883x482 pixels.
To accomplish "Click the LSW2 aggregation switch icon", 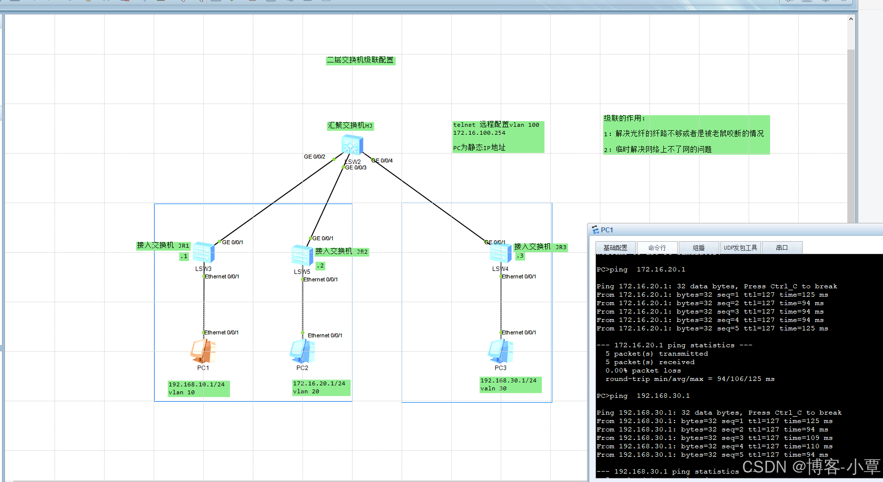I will click(352, 145).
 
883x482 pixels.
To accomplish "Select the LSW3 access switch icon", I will click(203, 253).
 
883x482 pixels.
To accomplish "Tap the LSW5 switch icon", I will click(302, 256).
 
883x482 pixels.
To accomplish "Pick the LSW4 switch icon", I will click(500, 253).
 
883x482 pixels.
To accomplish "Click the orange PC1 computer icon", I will click(203, 351).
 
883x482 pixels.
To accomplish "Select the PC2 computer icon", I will click(302, 351).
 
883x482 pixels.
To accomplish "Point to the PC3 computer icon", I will click(500, 351).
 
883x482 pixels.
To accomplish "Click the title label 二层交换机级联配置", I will click(360, 60).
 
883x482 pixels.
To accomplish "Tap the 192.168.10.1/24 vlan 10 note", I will click(198, 388).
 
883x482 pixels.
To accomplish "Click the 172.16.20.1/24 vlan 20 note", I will click(321, 387).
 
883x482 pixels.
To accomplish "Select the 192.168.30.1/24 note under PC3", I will click(510, 384).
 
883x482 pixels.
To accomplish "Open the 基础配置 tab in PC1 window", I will click(615, 248).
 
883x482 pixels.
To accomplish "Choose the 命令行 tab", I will click(657, 248).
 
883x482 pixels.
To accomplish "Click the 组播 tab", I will click(699, 248).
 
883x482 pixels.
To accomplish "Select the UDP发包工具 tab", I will click(740, 248).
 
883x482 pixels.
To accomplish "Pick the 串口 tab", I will click(782, 248).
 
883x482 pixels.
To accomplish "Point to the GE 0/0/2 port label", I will click(314, 157).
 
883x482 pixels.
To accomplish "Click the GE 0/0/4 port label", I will click(382, 161).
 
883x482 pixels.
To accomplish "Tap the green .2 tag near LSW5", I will click(320, 266).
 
